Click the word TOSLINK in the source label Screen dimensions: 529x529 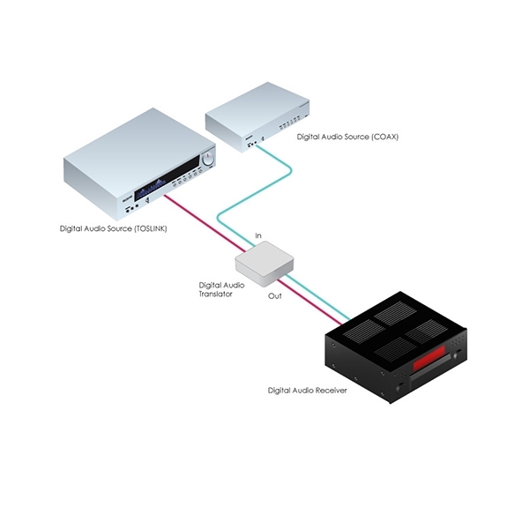[x=151, y=228]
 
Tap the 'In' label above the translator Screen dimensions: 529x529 [x=258, y=235]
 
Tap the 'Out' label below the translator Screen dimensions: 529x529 [x=274, y=296]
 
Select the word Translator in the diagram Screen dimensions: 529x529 [x=216, y=294]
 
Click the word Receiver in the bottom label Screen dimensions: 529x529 [x=332, y=391]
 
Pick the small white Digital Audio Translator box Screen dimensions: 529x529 [x=264, y=264]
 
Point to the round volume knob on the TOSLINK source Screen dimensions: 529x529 [x=208, y=159]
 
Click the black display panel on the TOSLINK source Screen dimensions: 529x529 [x=167, y=178]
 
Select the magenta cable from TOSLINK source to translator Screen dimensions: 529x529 [x=205, y=223]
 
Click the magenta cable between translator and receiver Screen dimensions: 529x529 [x=309, y=302]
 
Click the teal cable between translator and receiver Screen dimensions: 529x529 [x=318, y=297]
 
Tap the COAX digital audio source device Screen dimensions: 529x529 [x=257, y=117]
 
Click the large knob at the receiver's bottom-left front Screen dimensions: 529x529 [x=400, y=388]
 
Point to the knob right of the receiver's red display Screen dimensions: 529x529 [x=458, y=354]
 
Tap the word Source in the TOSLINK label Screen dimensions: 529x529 [x=119, y=228]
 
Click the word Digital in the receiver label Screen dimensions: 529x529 [x=279, y=391]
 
